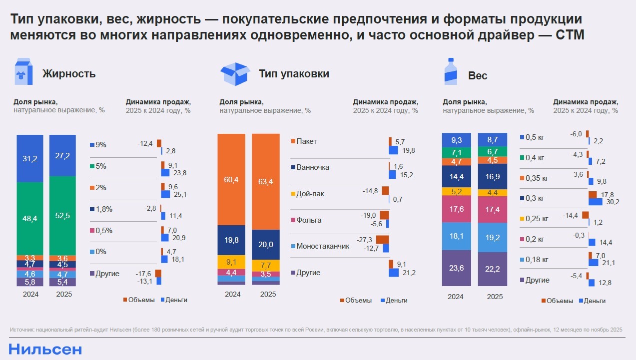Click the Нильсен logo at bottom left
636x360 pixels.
tap(45, 349)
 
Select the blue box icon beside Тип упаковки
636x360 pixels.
tap(235, 74)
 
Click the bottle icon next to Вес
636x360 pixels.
tap(451, 72)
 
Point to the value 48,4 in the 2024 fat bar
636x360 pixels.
tap(29, 218)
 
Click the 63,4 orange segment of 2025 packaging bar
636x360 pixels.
tap(266, 181)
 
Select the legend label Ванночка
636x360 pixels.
tap(313, 167)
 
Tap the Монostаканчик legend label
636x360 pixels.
tap(323, 246)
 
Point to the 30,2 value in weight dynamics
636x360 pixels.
tap(614, 202)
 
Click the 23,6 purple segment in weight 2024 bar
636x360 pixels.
tap(456, 269)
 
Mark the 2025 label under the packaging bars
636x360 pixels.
tap(268, 295)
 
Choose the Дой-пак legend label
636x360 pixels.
tap(310, 193)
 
